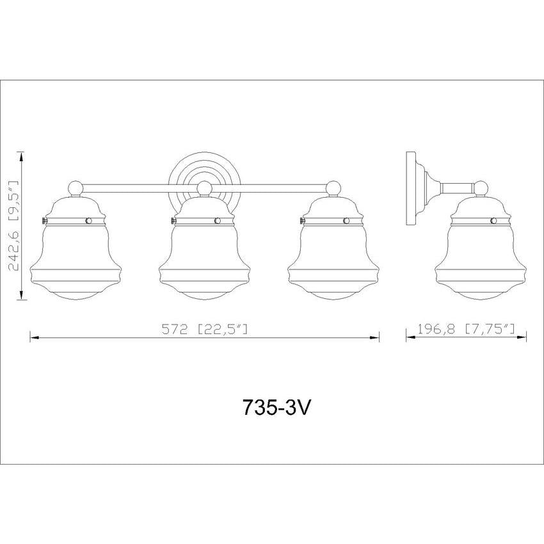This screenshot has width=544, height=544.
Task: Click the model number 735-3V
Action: coord(276,407)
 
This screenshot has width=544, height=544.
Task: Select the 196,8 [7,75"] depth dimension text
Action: coord(466,329)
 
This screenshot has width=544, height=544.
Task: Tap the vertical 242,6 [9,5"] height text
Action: coord(13,226)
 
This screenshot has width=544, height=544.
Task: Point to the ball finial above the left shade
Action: coord(76,188)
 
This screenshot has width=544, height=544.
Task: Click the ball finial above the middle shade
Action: coord(204,188)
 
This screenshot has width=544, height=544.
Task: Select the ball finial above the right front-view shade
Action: coord(333,188)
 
